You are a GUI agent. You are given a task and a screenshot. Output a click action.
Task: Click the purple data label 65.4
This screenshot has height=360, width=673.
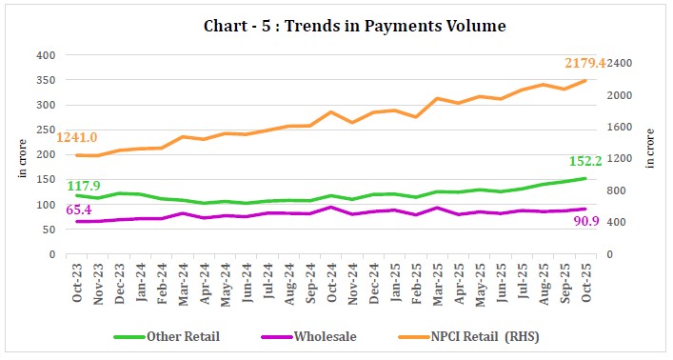(81, 209)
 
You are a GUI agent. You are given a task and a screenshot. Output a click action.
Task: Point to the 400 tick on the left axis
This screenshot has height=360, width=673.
(47, 55)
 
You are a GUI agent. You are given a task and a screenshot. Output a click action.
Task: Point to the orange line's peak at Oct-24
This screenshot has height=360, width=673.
(330, 111)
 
